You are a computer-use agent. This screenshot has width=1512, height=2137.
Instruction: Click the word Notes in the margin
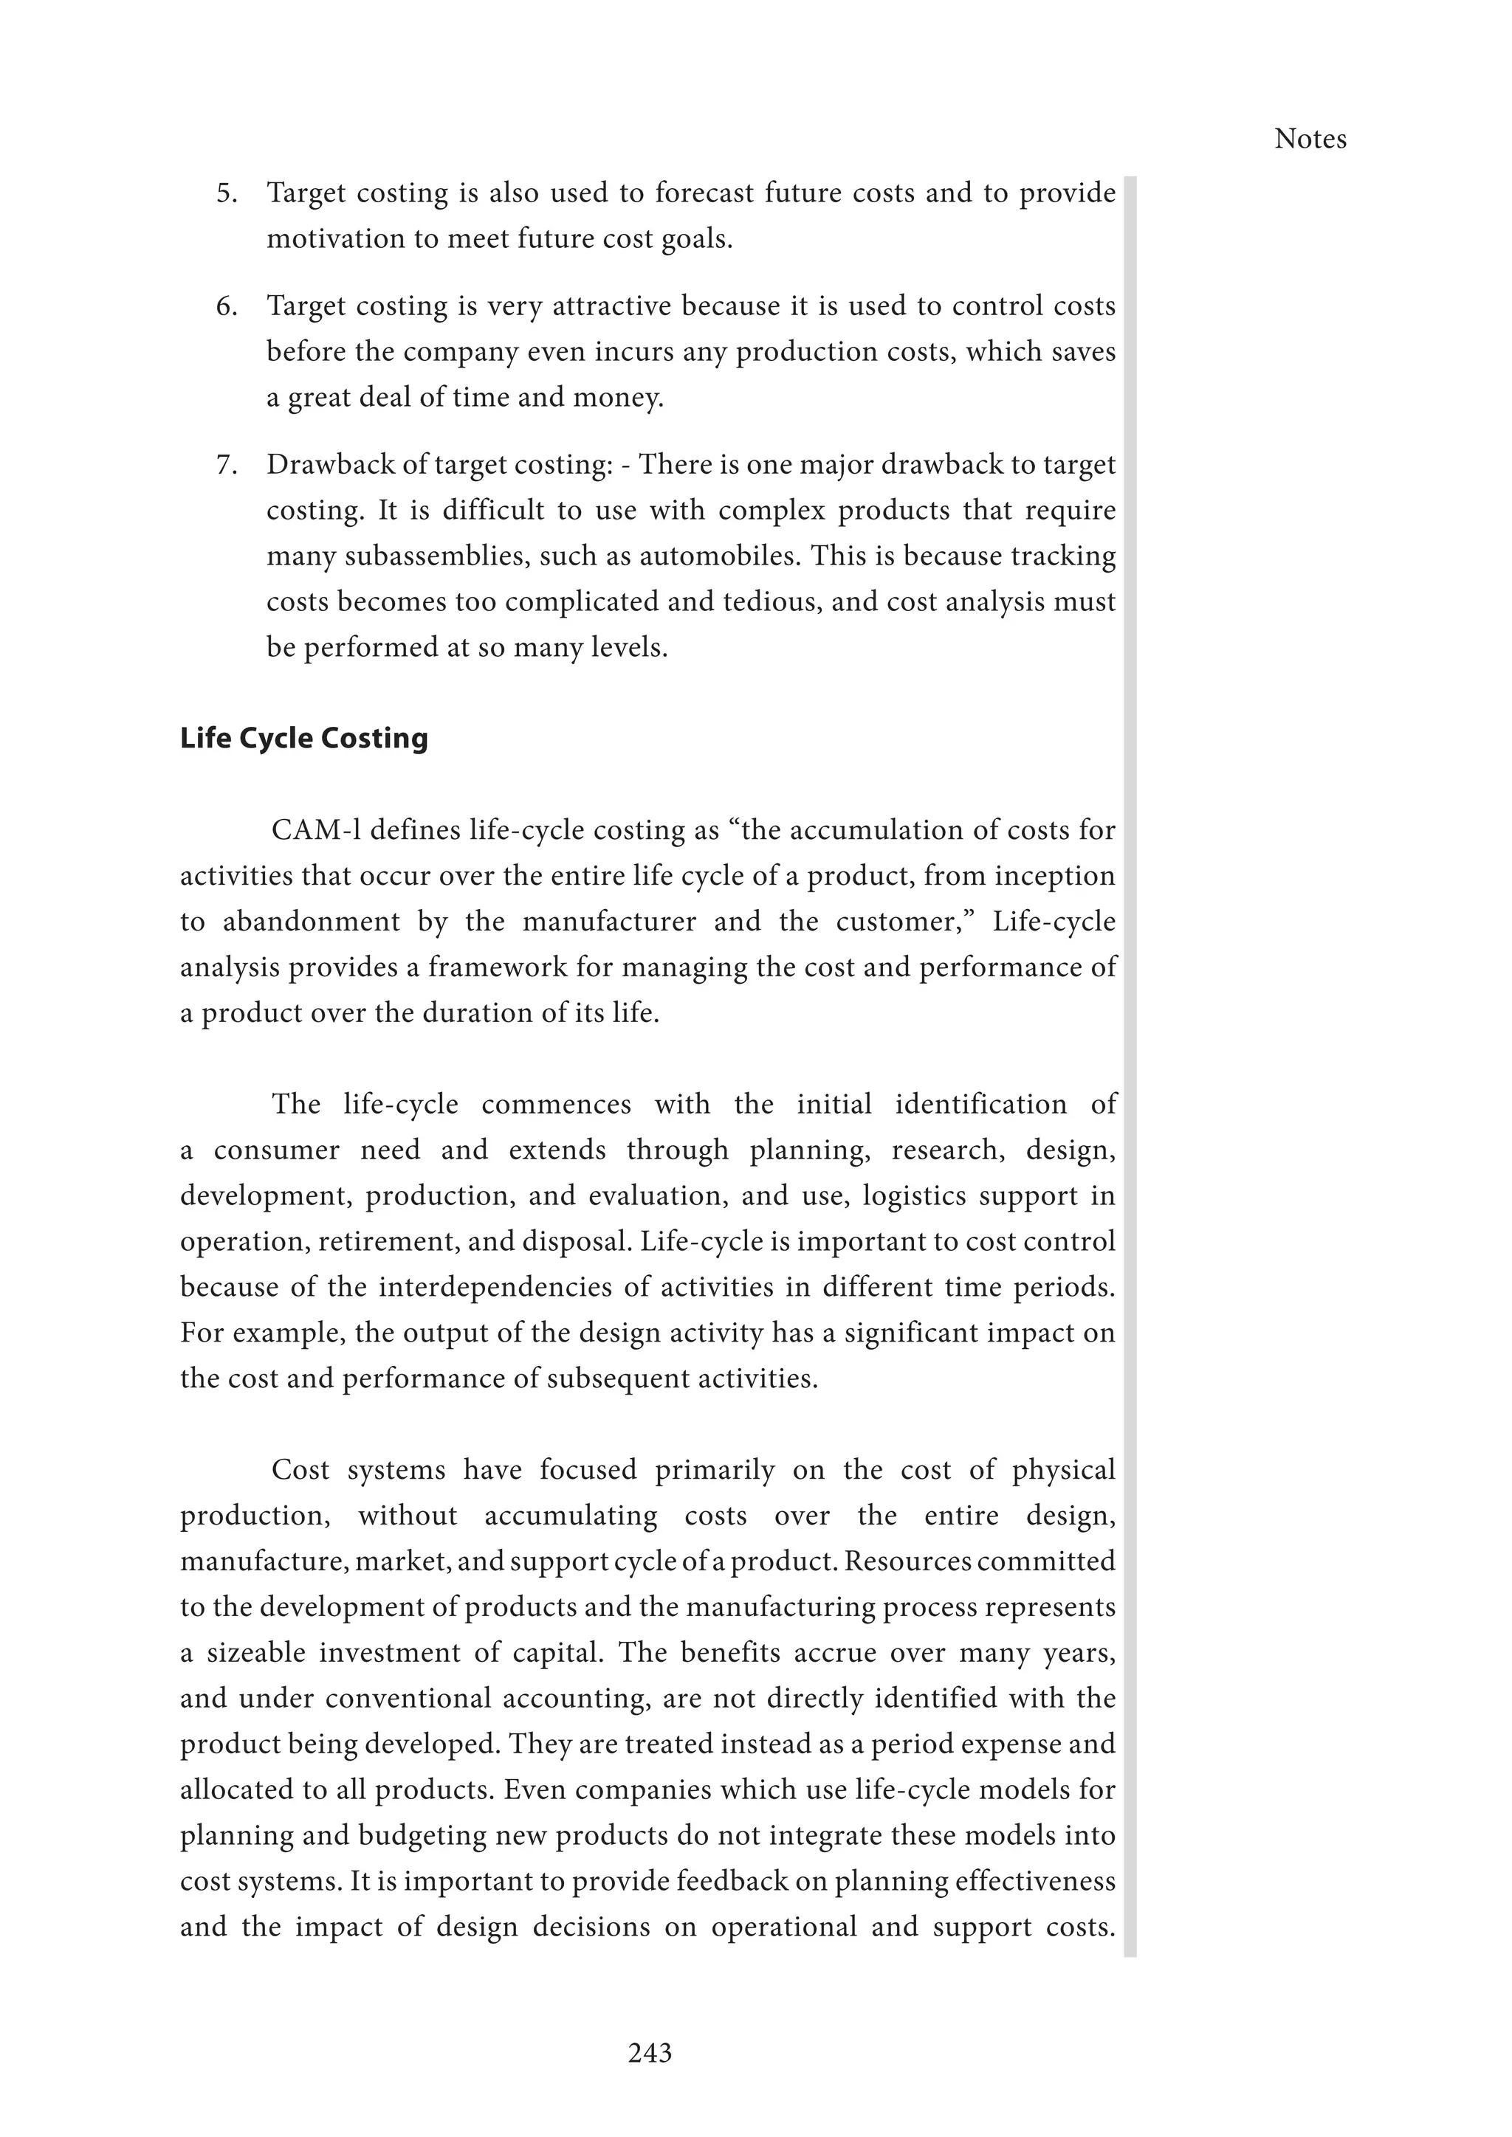(1310, 139)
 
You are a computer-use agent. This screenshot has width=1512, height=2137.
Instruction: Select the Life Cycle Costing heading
(303, 738)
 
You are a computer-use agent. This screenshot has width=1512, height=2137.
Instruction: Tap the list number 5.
(226, 193)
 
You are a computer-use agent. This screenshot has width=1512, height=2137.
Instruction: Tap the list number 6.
(226, 306)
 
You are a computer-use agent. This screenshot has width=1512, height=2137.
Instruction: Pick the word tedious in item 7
(771, 601)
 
